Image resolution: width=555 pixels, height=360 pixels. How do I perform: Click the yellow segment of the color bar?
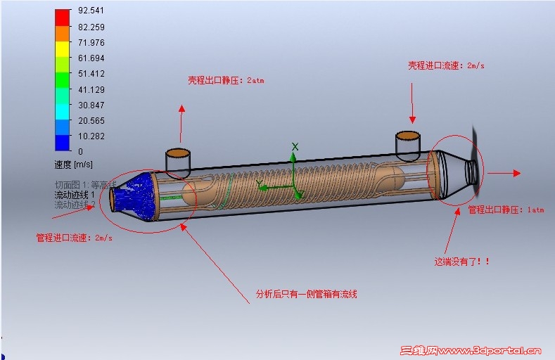[x=63, y=49]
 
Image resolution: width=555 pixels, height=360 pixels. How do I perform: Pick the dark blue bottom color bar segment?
[x=63, y=143]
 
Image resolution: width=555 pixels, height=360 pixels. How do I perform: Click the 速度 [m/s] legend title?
[x=73, y=165]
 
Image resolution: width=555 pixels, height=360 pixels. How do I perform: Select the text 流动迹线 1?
[x=75, y=195]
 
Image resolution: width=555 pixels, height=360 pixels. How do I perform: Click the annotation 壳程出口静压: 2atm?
[x=225, y=80]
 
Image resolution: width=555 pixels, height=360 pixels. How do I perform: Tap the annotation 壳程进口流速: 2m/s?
[x=446, y=65]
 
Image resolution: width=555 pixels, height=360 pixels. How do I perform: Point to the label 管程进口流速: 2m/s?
[x=74, y=238]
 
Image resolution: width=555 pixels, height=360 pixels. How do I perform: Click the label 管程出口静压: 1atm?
[x=497, y=210]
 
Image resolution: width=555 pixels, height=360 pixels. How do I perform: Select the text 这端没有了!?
[x=461, y=262]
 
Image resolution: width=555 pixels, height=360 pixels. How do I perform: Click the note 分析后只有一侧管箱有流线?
[x=306, y=294]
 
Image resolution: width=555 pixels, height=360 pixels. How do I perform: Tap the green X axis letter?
[x=295, y=146]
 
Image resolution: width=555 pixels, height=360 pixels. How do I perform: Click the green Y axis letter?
[x=259, y=184]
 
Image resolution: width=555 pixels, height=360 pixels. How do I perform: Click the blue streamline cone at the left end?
[x=138, y=193]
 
